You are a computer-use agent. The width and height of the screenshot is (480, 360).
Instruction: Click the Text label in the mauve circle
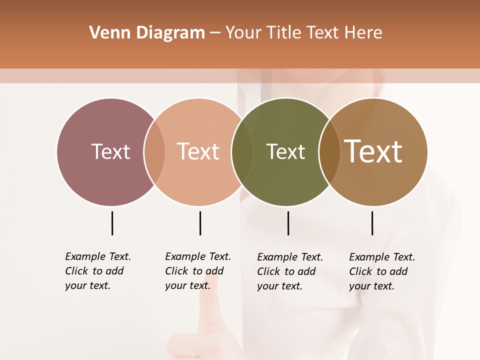pos(110,151)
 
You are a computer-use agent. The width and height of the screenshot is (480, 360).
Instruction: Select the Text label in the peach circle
pos(198,151)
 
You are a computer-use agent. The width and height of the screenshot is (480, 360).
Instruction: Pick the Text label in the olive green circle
pos(285,151)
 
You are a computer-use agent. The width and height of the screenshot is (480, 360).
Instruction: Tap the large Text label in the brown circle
pos(373,151)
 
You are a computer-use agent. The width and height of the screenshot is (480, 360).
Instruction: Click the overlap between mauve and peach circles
pos(154,151)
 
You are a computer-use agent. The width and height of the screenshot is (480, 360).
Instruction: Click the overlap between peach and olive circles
pos(242,151)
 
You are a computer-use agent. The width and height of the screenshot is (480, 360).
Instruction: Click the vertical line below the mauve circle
pos(112,223)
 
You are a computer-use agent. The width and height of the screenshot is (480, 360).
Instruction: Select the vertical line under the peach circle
pos(200,223)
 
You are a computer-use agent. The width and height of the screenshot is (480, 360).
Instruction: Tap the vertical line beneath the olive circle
pos(288,223)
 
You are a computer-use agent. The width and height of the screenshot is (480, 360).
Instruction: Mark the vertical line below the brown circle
pos(372,223)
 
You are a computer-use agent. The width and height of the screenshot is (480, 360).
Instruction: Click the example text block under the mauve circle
pos(98,271)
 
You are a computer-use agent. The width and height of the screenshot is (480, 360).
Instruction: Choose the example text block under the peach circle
pos(198,271)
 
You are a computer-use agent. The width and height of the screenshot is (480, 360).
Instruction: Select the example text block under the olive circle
pos(290,271)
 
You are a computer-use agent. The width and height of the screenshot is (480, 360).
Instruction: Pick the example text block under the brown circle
pos(382,271)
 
